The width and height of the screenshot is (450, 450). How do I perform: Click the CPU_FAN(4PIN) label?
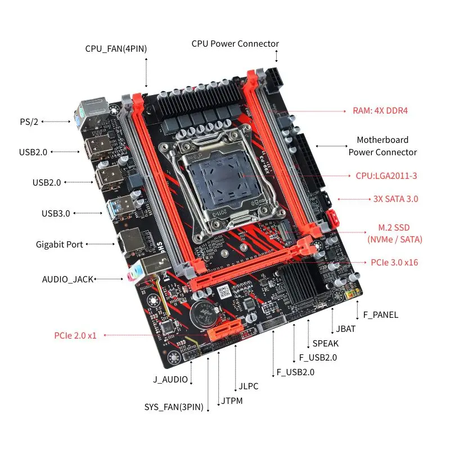point(116,49)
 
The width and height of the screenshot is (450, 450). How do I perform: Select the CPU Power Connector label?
point(235,43)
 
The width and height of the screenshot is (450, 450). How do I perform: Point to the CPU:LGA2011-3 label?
point(386,175)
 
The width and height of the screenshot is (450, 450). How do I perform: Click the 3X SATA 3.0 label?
point(395,199)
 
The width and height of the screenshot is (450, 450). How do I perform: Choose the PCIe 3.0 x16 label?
point(394,262)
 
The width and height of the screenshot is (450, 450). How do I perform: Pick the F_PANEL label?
point(380,314)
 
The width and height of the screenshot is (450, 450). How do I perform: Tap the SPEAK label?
point(325,343)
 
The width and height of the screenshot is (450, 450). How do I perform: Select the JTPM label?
point(232,401)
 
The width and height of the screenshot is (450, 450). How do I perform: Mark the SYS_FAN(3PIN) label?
point(174,407)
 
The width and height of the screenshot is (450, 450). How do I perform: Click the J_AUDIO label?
point(170,379)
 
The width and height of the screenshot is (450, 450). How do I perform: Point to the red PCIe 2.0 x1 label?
point(75,335)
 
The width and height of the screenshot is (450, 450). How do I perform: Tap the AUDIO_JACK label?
point(67,279)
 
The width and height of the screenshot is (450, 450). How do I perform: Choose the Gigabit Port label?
point(59,244)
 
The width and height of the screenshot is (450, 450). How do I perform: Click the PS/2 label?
point(28,121)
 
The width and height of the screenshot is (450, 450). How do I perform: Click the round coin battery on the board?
point(202,313)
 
